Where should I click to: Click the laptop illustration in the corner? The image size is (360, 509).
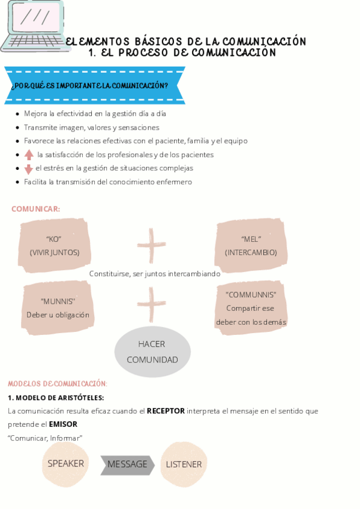tap(33, 27)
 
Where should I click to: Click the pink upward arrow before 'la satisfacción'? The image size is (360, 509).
tap(29, 155)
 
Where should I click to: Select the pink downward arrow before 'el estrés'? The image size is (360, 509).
tap(29, 169)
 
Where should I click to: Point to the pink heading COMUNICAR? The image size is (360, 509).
tap(35, 209)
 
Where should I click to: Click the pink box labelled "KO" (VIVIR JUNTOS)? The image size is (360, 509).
tap(55, 245)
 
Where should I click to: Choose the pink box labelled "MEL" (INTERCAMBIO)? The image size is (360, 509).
tap(251, 245)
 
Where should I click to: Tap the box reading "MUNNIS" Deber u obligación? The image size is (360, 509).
tap(58, 308)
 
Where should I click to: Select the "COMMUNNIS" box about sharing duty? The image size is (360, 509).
tap(251, 308)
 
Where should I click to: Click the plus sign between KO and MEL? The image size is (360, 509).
tap(151, 244)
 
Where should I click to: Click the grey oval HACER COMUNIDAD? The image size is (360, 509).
tap(152, 352)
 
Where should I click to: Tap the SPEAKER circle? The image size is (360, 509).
tap(66, 464)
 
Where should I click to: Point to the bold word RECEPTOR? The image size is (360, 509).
tap(166, 411)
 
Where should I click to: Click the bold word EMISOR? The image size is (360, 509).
tap(63, 424)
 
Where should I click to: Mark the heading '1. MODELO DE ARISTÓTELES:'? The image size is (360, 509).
tap(56, 398)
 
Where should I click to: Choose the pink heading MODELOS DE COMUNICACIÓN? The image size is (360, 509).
tap(58, 384)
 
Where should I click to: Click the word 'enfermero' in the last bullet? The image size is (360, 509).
tap(172, 182)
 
